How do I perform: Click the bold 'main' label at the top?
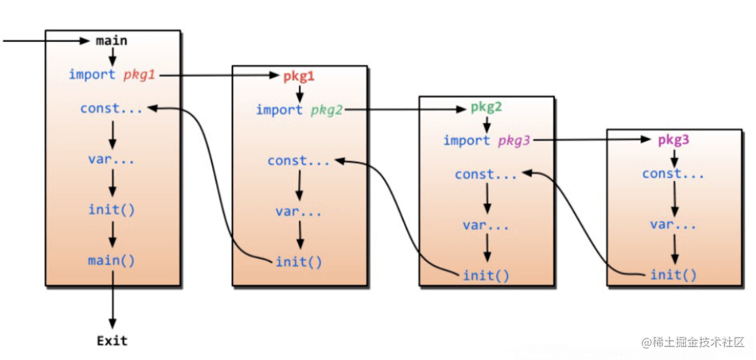pyautogui.click(x=112, y=41)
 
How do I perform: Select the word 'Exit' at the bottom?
pyautogui.click(x=112, y=341)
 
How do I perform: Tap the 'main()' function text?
pyautogui.click(x=112, y=261)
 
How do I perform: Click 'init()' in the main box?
pyautogui.click(x=112, y=210)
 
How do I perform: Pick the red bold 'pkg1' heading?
pyautogui.click(x=299, y=75)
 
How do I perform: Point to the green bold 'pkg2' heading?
pyautogui.click(x=486, y=107)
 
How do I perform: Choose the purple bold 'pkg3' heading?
pyautogui.click(x=673, y=140)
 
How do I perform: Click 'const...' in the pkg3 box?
pyautogui.click(x=673, y=174)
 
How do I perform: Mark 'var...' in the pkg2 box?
pyautogui.click(x=486, y=225)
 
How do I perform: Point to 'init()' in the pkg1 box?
pyautogui.click(x=299, y=262)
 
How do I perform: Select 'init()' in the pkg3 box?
pyautogui.click(x=673, y=275)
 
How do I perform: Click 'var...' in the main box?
pyautogui.click(x=112, y=159)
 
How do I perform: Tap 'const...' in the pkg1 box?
pyautogui.click(x=299, y=161)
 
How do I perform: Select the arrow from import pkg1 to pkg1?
pyautogui.click(x=219, y=75)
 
